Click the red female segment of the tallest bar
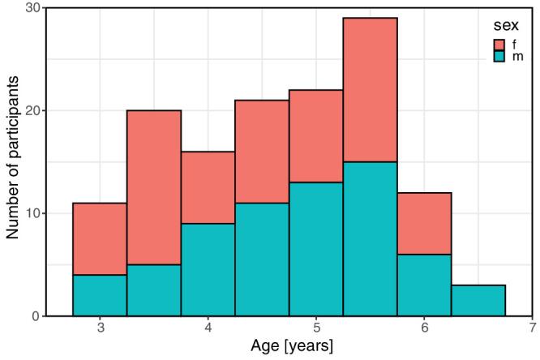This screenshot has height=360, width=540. [370, 89]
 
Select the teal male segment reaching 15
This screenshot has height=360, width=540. [370, 238]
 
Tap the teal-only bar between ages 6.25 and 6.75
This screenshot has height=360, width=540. [478, 300]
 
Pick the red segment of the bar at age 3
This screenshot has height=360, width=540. [100, 238]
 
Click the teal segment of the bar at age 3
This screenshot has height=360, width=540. [100, 295]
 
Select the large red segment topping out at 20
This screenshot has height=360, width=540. [154, 187]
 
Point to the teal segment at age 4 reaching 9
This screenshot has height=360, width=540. [208, 269]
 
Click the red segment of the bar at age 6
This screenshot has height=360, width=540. [424, 223]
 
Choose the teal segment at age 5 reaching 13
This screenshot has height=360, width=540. [316, 249]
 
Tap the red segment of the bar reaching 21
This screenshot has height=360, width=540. [262, 151]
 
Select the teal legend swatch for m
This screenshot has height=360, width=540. [500, 57]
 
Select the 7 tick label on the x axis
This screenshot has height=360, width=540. [532, 329]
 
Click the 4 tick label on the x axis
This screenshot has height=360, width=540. [208, 329]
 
